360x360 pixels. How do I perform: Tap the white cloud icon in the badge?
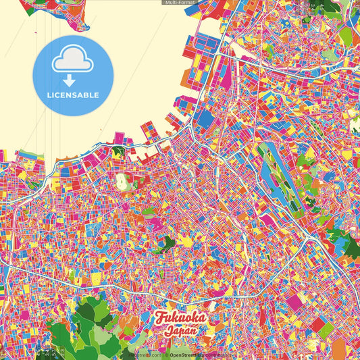pos(73,60)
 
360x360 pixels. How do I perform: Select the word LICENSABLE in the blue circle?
pos(73,95)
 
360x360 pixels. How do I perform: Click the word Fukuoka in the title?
pos(180,318)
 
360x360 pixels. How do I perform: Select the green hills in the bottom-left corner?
pos(95,324)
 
